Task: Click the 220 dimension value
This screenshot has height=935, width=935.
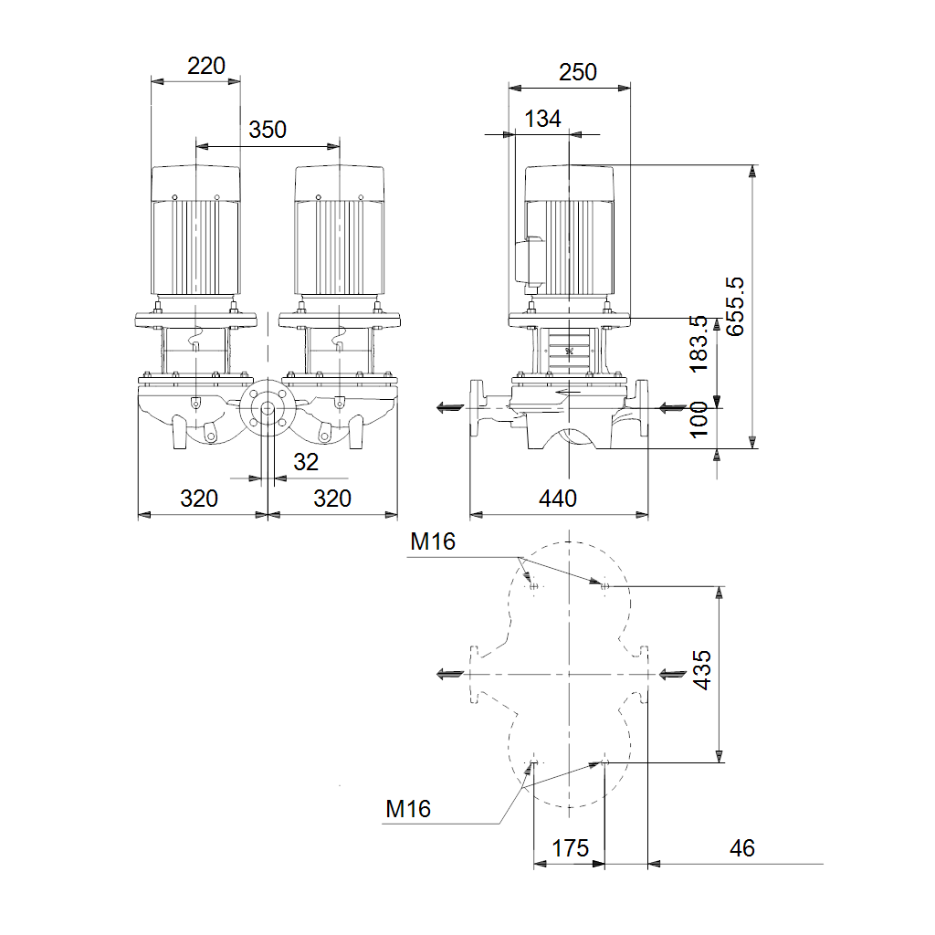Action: click(206, 66)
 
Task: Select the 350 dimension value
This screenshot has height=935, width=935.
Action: click(268, 130)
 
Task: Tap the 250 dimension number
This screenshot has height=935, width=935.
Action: click(577, 72)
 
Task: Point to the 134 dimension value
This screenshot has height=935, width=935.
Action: click(542, 119)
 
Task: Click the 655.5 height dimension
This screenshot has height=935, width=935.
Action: click(735, 307)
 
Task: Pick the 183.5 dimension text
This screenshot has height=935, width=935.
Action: click(699, 344)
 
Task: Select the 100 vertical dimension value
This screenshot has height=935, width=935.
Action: click(699, 420)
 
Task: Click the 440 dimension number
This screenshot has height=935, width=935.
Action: click(558, 498)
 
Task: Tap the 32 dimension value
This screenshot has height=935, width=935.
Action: click(306, 462)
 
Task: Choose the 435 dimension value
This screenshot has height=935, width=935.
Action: click(702, 670)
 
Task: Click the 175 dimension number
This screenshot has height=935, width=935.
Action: click(570, 848)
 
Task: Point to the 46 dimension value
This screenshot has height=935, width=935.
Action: click(741, 848)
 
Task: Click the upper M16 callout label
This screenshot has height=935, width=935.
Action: click(432, 541)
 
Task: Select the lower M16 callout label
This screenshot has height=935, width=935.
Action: click(408, 809)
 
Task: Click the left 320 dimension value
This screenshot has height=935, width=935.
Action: click(199, 498)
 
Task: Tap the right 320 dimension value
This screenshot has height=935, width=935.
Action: click(332, 498)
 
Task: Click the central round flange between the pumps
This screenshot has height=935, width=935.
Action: click(268, 408)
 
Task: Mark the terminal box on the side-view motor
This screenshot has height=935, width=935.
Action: click(528, 260)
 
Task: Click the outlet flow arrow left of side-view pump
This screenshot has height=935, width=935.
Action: click(450, 408)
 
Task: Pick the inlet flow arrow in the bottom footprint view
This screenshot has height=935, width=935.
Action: click(673, 675)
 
